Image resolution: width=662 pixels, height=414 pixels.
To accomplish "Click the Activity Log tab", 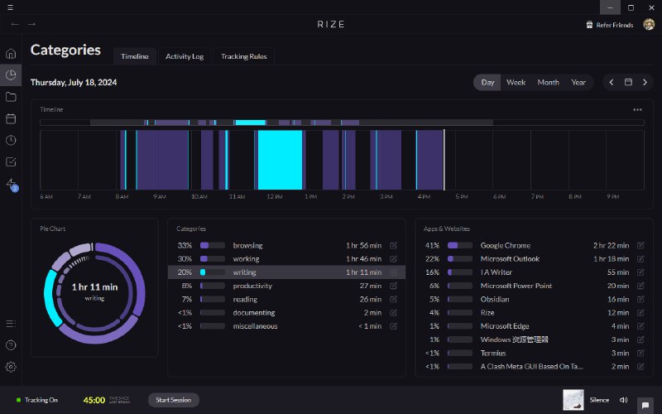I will click(184, 56).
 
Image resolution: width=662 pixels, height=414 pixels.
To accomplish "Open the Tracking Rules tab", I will click(244, 56).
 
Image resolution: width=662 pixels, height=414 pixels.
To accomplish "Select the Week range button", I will click(516, 82).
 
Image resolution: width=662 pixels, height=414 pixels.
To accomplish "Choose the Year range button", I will click(578, 82).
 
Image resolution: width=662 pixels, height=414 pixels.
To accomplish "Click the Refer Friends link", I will click(614, 25).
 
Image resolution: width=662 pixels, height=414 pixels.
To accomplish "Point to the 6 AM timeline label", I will click(46, 197).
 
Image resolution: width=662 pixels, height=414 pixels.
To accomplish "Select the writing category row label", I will click(244, 272).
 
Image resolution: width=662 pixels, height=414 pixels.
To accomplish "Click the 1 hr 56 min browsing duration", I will click(363, 246).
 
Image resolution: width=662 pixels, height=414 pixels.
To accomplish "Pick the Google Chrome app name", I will click(505, 246).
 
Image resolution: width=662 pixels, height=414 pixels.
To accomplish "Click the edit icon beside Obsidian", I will click(640, 299).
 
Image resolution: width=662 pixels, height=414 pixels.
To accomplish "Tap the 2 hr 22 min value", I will click(611, 246).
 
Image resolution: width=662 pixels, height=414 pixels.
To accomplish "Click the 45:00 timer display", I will click(94, 400).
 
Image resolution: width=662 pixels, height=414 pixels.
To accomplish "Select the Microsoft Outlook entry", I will click(510, 259).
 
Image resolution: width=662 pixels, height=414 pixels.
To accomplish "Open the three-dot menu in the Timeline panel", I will click(637, 109).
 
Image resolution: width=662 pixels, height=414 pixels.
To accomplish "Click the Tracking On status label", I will click(41, 400).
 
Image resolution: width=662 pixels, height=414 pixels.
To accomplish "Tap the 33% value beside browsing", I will click(185, 246).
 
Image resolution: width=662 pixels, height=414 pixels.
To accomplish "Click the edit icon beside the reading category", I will click(393, 299).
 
